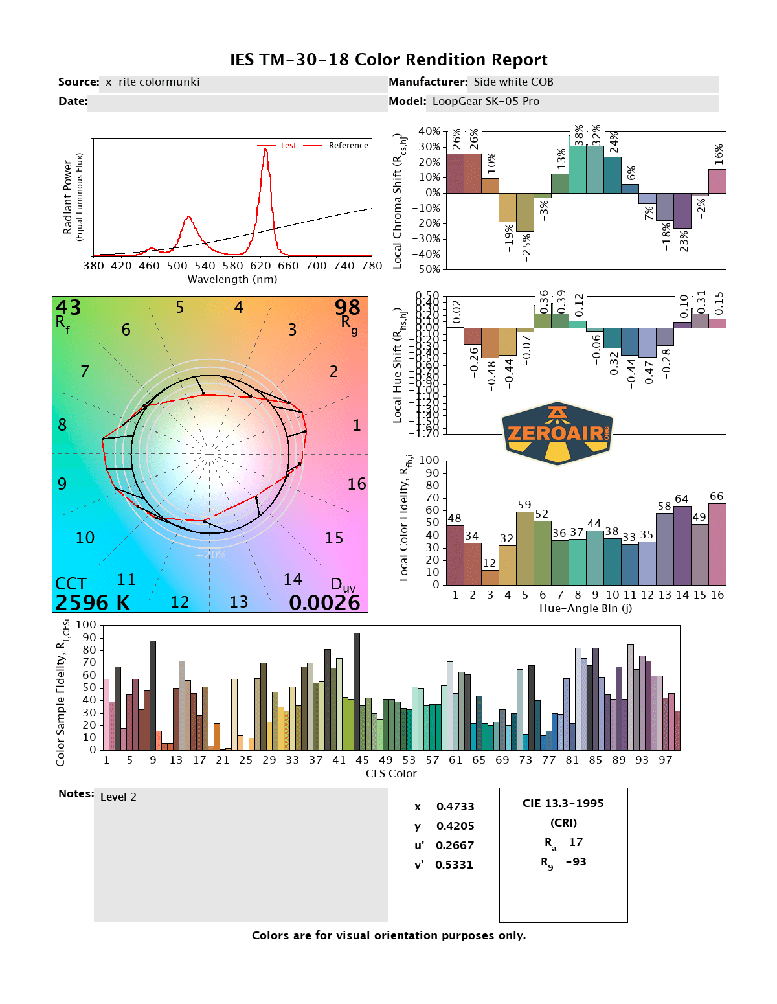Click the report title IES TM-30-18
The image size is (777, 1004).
click(x=388, y=60)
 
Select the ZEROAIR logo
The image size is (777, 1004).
click(x=557, y=433)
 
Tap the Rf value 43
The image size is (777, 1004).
click(x=68, y=308)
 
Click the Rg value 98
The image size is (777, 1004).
click(x=347, y=308)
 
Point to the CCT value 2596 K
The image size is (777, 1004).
click(x=93, y=602)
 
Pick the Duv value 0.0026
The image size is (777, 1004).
click(x=324, y=602)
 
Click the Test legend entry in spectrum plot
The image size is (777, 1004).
click(x=287, y=146)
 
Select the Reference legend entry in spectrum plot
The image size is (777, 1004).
click(x=348, y=146)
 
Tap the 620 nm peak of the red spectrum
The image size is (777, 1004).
click(x=265, y=151)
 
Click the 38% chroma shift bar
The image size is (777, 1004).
click(x=578, y=169)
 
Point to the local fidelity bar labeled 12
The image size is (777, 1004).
click(x=490, y=577)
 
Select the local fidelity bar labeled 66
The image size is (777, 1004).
click(x=717, y=544)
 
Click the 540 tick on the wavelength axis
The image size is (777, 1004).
click(x=205, y=266)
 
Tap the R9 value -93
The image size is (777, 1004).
click(x=576, y=862)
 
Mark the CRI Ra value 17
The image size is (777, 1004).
click(x=576, y=843)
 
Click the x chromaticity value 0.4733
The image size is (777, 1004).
click(x=455, y=807)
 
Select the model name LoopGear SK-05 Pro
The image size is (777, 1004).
click(x=486, y=102)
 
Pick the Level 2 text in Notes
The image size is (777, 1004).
click(x=118, y=797)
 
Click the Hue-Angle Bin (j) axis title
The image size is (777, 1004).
click(x=585, y=609)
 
